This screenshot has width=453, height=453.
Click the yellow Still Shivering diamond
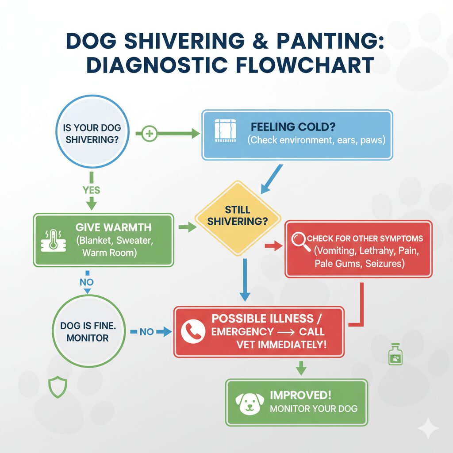238,215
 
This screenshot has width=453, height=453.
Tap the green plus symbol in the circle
150,134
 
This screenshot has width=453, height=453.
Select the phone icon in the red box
193,331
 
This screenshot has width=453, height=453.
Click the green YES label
91,191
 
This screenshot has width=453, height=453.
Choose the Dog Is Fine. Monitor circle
84,331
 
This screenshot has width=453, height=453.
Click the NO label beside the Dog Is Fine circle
146,331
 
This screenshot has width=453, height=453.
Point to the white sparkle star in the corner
428,428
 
